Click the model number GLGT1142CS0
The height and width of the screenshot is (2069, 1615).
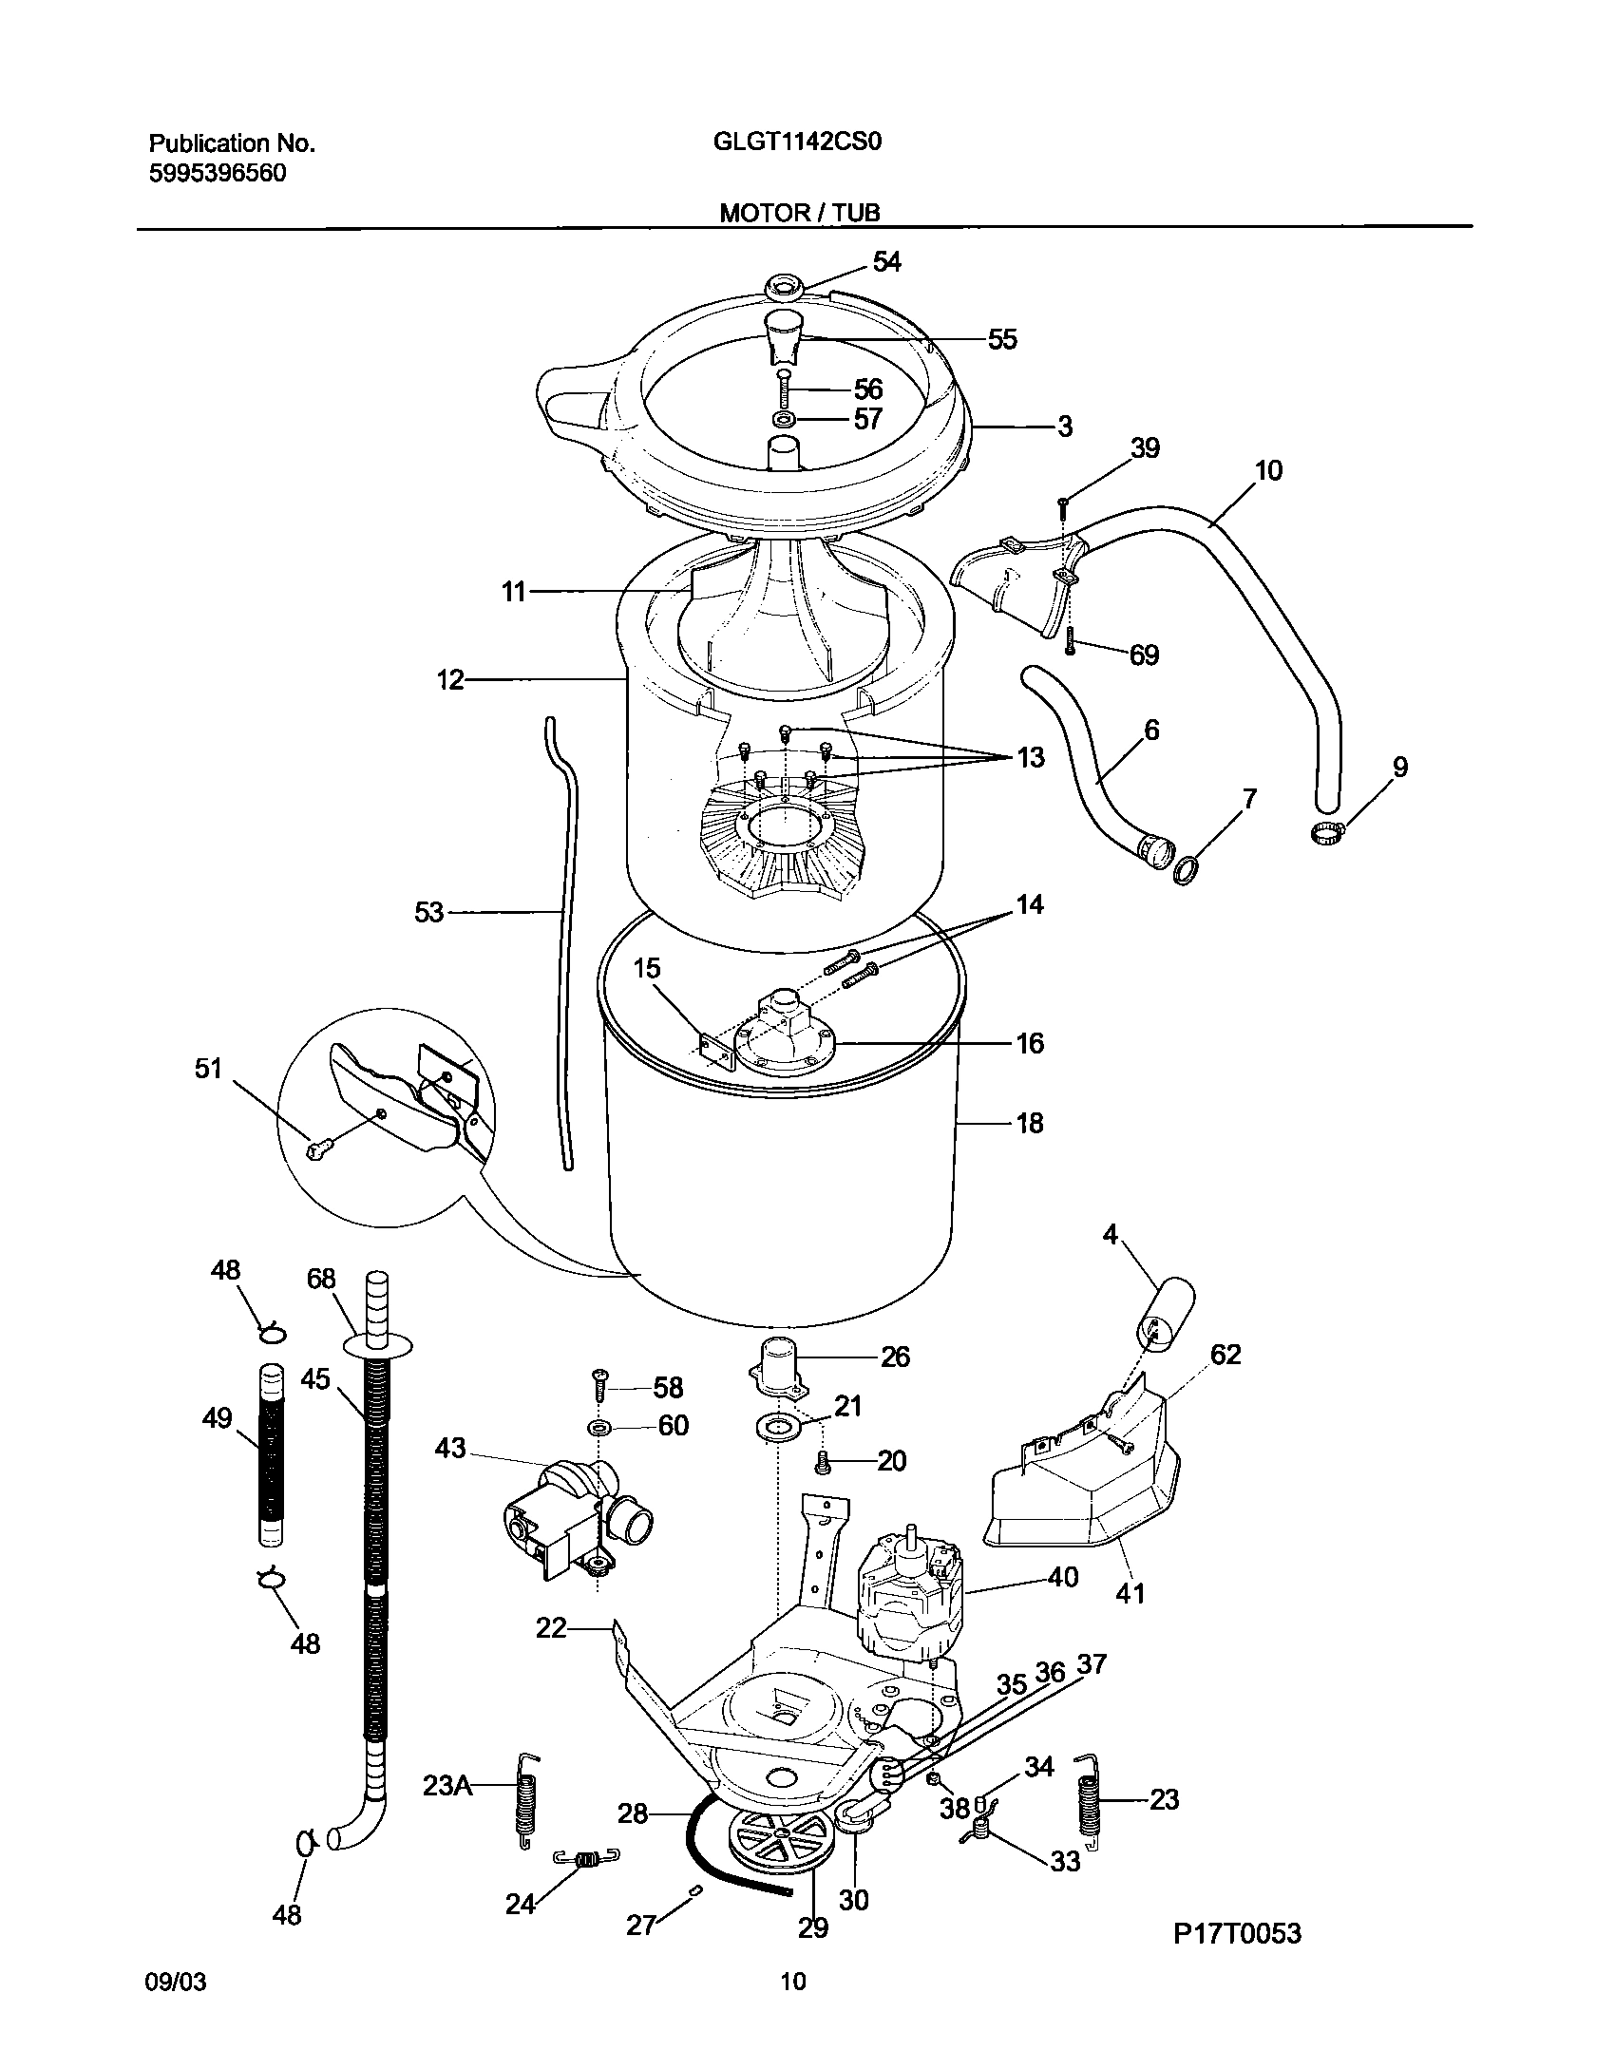click(x=797, y=142)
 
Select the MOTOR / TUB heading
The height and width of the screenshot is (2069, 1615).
click(x=799, y=213)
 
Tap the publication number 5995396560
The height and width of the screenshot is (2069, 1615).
click(x=218, y=174)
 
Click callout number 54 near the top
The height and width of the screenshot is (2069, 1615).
click(x=886, y=261)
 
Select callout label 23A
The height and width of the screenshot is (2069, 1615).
click(x=447, y=1786)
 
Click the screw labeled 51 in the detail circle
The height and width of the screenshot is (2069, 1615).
click(x=316, y=1149)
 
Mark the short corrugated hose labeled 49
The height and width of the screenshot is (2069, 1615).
click(x=272, y=1454)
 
